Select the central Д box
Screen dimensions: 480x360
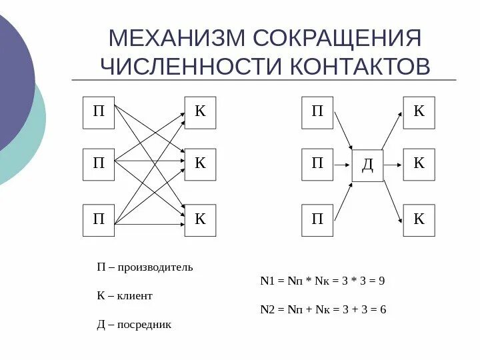368,165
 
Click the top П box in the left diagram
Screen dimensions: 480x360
99,113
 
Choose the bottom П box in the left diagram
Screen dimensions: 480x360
99,221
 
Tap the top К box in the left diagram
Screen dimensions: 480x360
200,113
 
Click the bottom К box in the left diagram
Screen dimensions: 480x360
200,221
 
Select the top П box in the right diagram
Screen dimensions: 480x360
317,113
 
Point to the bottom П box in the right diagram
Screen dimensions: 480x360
317,221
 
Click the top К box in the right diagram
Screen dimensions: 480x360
419,113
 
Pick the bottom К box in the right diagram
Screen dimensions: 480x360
419,221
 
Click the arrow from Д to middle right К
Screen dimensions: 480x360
393,164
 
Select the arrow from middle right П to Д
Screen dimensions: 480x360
343,164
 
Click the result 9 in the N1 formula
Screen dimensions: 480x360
382,281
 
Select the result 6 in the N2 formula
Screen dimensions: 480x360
383,309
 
